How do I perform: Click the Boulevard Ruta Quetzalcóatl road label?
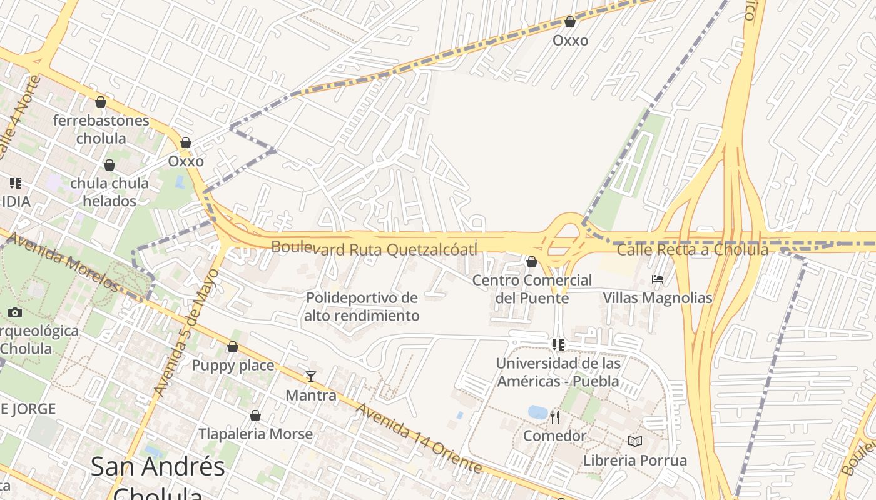click(x=374, y=249)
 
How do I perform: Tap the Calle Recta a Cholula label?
click(x=692, y=250)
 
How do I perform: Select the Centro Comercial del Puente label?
click(x=532, y=289)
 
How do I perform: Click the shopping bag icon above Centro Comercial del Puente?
click(x=532, y=262)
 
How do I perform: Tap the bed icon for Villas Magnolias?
click(x=657, y=279)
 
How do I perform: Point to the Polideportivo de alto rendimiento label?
click(x=362, y=306)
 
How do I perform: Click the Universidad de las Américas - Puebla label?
click(x=558, y=372)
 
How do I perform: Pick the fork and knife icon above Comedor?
click(x=554, y=417)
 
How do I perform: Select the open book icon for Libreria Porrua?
click(x=635, y=442)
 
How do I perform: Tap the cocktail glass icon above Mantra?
click(x=310, y=376)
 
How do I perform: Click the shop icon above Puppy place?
click(x=233, y=347)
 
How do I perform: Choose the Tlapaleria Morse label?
click(x=255, y=434)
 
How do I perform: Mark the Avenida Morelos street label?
click(x=64, y=262)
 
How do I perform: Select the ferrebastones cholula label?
click(x=101, y=129)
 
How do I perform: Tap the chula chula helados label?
click(x=109, y=192)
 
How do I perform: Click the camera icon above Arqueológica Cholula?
click(x=15, y=312)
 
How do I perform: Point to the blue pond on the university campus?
click(x=537, y=412)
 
